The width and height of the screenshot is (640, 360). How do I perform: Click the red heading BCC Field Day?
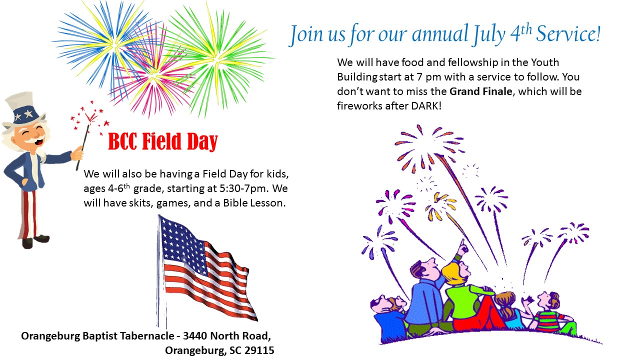(x=163, y=141)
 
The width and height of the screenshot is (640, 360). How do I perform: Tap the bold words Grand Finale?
(x=481, y=91)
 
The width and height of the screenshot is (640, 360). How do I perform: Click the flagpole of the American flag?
(x=161, y=271)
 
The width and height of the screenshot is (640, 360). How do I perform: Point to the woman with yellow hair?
(x=465, y=294)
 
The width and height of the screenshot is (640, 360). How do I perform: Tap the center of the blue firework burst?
(x=115, y=45)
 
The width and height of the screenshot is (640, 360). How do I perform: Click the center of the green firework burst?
(x=217, y=58)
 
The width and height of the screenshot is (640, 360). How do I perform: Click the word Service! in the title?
(x=568, y=34)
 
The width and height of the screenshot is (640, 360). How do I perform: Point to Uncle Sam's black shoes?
(x=35, y=241)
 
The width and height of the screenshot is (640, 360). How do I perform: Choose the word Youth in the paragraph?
(x=545, y=62)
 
